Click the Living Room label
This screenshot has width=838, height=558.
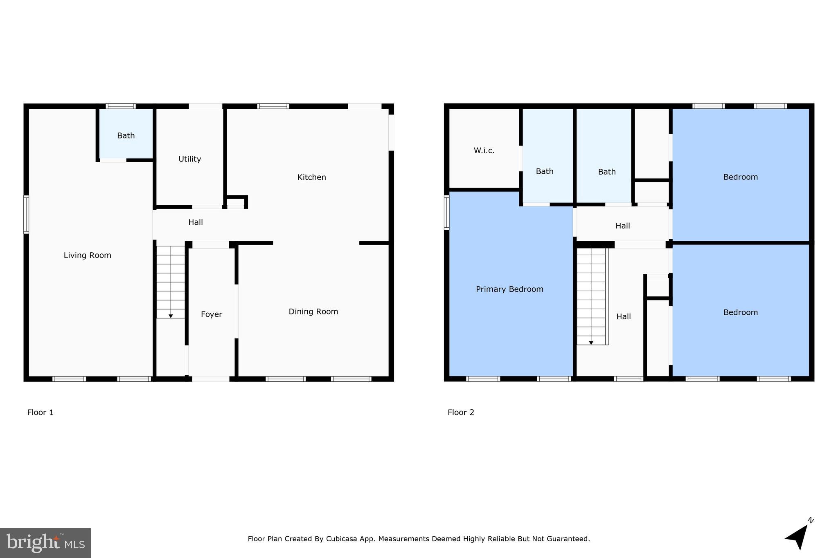tap(87, 255)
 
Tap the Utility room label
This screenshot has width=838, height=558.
tap(189, 159)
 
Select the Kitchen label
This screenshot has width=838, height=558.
tap(311, 177)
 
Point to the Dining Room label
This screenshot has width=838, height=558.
tap(313, 311)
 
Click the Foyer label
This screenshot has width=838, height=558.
tap(211, 314)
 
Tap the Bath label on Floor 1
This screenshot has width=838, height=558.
tap(126, 136)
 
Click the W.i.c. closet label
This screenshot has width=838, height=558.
tap(484, 150)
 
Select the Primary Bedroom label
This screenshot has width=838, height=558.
tap(509, 289)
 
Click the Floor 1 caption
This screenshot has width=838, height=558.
tap(40, 412)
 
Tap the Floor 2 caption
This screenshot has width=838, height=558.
tap(461, 412)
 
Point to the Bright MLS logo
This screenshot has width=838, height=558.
tap(45, 543)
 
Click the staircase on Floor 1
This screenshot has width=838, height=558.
tap(171, 282)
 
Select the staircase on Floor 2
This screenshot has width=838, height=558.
tap(591, 296)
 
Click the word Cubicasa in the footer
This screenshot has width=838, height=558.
tap(342, 539)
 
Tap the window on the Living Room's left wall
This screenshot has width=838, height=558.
tap(26, 214)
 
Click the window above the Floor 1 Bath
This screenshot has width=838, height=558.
tap(121, 106)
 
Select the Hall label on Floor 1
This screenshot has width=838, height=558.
tap(196, 222)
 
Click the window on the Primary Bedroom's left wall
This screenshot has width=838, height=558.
tap(446, 212)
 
